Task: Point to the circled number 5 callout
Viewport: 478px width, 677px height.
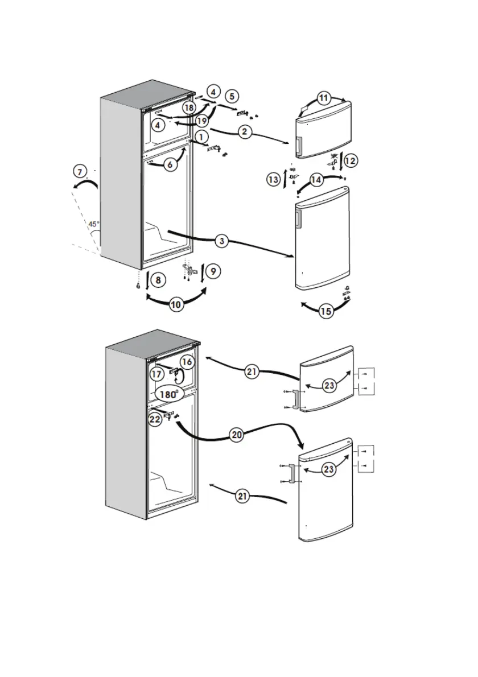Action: (232, 96)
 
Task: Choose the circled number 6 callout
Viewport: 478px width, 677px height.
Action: (169, 164)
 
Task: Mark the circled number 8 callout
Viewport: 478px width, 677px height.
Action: (159, 280)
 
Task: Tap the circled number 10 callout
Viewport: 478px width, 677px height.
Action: (176, 304)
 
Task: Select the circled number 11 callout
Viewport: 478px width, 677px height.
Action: (323, 98)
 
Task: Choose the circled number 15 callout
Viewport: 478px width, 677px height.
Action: (326, 311)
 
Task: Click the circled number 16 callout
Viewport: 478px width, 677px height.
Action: (186, 362)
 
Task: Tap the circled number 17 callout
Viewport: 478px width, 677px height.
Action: (157, 373)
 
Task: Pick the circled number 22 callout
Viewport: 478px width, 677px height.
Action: (155, 419)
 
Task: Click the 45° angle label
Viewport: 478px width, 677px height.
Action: (93, 224)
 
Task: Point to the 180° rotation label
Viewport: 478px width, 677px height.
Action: (168, 394)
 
